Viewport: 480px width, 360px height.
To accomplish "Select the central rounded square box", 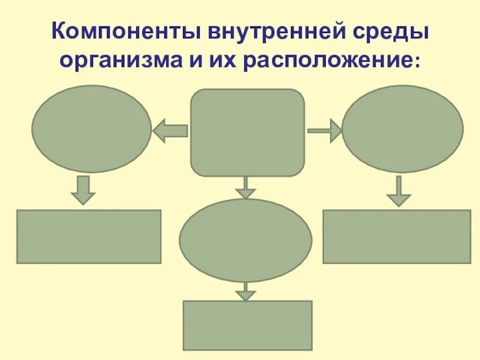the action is (247, 133).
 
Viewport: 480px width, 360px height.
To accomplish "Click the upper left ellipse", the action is (91, 129).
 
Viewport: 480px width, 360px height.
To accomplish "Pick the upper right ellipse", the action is (402, 129).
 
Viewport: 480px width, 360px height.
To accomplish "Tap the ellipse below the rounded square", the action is (245, 240).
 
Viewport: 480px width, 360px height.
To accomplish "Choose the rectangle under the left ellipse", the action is (89, 236).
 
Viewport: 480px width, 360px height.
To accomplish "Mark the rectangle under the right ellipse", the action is (397, 236).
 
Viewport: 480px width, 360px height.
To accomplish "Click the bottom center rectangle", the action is (247, 325).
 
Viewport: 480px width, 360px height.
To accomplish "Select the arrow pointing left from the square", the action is (170, 130).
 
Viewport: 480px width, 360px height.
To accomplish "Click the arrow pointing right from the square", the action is (325, 130).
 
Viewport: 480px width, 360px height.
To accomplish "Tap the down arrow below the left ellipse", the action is (83, 190).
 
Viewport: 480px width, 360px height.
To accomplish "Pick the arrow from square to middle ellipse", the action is (245, 188).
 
